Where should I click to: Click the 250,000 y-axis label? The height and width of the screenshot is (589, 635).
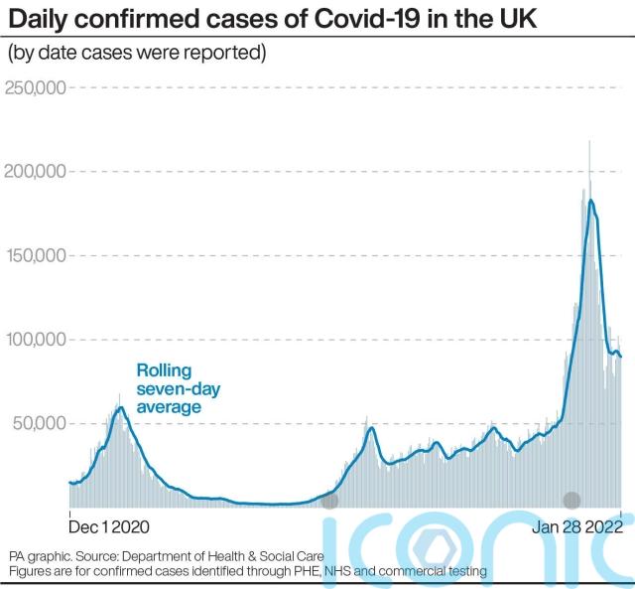(36, 88)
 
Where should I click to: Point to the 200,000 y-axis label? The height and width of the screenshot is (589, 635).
(36, 172)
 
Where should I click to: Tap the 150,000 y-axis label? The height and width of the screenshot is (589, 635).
(36, 255)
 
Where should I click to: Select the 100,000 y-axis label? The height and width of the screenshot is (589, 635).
(36, 340)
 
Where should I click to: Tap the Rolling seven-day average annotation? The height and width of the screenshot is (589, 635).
(170, 388)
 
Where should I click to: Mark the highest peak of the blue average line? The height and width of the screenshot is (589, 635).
(591, 201)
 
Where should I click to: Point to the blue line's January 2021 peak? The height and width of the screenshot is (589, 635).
(120, 407)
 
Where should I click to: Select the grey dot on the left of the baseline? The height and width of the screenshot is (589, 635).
(329, 501)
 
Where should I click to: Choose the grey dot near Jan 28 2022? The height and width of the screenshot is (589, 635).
(571, 501)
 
